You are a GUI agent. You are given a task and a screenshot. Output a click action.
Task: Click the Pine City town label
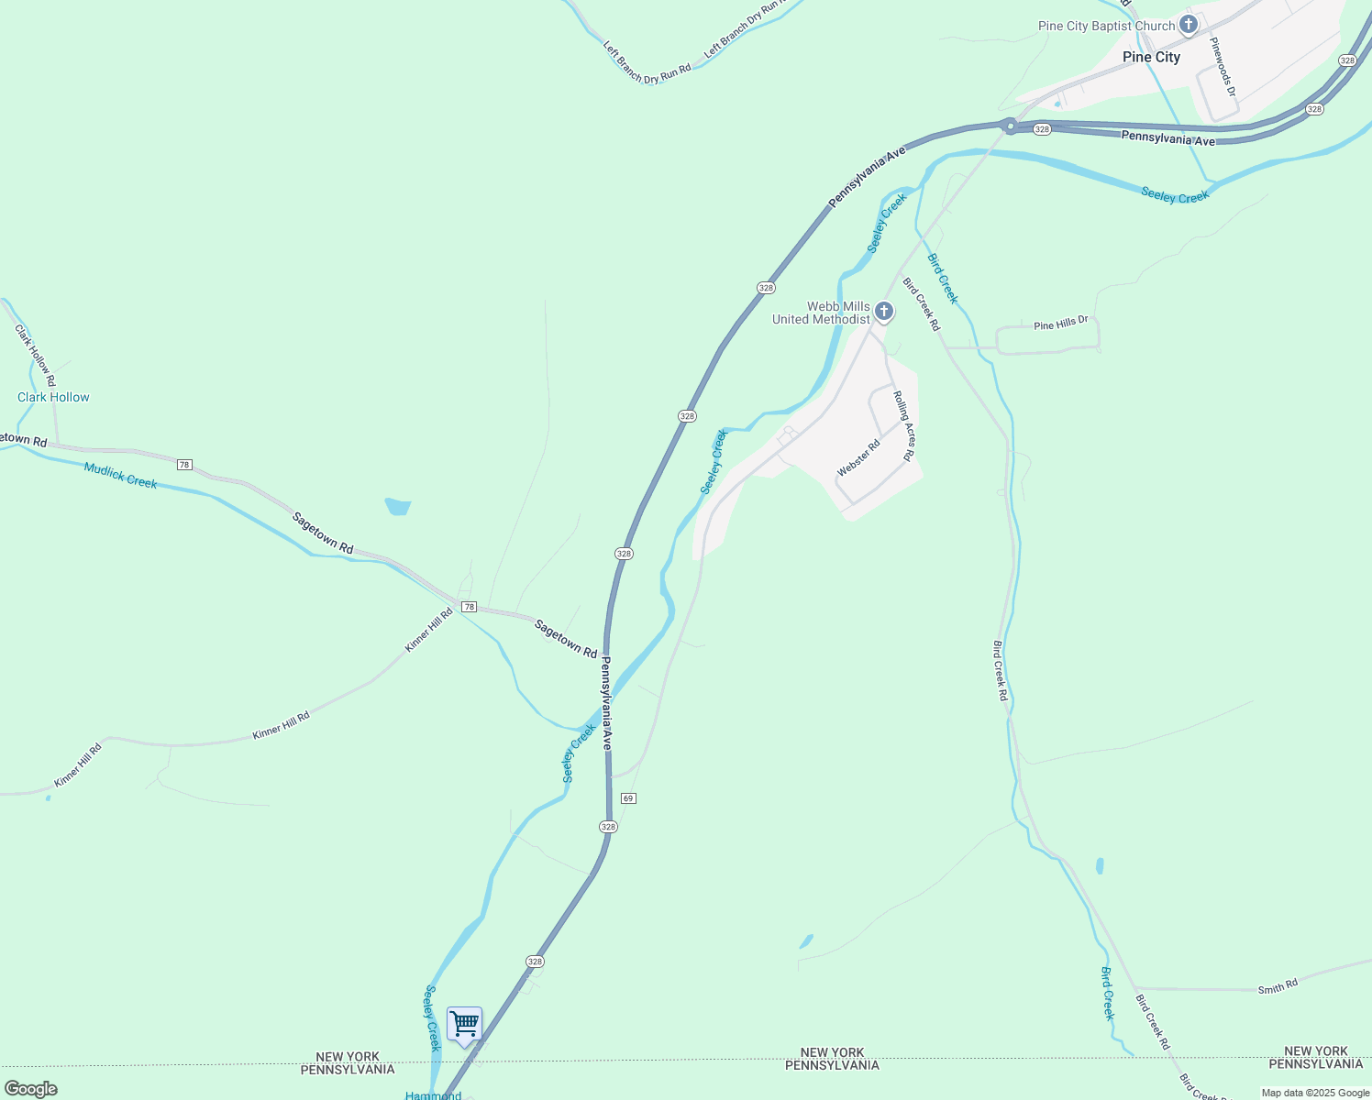[1151, 57]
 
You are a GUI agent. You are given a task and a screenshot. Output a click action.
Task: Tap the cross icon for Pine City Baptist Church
[1189, 25]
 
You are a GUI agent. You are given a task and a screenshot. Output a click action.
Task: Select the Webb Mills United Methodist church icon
[883, 312]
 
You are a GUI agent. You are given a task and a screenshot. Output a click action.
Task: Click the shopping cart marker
[464, 1024]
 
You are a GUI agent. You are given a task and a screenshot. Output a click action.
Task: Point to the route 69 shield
[628, 798]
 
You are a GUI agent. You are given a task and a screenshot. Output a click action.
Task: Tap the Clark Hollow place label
[53, 397]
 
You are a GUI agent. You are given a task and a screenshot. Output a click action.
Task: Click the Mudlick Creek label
[120, 475]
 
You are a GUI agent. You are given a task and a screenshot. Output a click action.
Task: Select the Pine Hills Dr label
[1060, 324]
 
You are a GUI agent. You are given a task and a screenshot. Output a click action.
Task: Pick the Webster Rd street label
[858, 457]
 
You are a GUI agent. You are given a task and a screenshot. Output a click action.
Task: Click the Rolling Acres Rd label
[904, 425]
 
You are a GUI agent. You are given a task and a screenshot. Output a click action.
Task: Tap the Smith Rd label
[1278, 986]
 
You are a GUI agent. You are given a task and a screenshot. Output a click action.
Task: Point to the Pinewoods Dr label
[1223, 67]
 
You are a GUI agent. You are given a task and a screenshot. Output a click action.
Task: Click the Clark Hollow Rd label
[36, 355]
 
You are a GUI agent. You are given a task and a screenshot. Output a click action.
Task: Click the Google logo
[30, 1089]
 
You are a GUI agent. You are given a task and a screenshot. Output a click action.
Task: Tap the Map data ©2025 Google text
[1315, 1093]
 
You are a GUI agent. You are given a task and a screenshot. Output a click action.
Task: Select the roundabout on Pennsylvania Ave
[1010, 126]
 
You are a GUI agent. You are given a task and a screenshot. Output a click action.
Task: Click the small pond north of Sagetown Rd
[398, 507]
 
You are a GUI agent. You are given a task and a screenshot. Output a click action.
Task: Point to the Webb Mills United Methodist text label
[821, 313]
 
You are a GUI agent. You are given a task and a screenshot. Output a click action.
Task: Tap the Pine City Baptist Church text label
[1106, 26]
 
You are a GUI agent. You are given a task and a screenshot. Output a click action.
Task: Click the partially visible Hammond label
[433, 1095]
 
